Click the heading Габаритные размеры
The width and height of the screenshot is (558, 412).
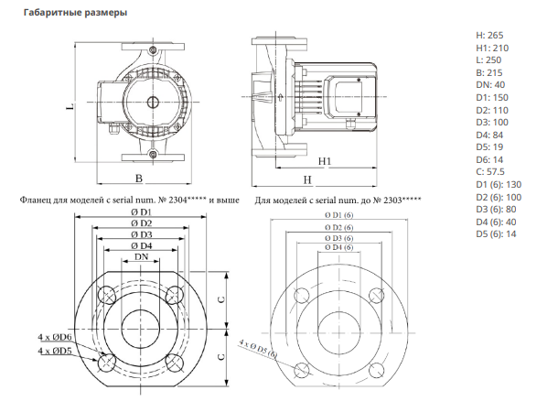coord(75,13)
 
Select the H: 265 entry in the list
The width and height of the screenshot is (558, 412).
coord(489,36)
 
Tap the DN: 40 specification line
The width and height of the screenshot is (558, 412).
coord(490,85)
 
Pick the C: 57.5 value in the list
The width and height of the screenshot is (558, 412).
coord(490,171)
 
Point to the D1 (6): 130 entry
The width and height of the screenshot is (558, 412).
coord(499,184)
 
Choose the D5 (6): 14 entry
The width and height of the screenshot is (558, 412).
coord(496,234)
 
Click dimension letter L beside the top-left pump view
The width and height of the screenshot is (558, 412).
coord(70,106)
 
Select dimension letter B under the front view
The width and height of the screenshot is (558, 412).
coord(139,178)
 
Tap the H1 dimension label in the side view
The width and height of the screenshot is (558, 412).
coord(324,161)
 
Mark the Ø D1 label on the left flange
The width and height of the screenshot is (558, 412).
coord(141,212)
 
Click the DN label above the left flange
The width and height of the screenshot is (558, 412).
coord(141,256)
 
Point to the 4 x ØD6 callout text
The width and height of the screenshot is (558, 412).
coord(55,337)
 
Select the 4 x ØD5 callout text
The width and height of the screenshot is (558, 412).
coord(55,351)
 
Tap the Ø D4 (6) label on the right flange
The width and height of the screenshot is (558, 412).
coord(338,247)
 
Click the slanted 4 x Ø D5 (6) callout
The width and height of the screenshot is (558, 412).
coord(258,349)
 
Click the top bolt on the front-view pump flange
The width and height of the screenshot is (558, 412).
coord(153,49)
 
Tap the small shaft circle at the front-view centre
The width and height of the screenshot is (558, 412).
coord(153,102)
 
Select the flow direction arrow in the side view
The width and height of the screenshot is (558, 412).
coord(281,96)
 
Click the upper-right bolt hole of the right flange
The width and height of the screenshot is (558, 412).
coord(377,296)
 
